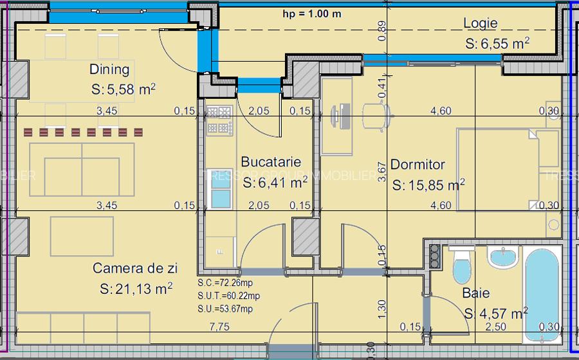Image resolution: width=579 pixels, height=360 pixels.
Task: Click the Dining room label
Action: pyautogui.click(x=109, y=69)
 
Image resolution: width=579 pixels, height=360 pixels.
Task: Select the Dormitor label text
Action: pyautogui.click(x=418, y=165)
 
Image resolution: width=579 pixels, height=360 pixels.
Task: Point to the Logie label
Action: pyautogui.click(x=481, y=24)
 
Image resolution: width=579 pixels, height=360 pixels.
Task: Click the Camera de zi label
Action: pyautogui.click(x=135, y=268)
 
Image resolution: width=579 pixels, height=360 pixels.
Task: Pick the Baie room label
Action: pyautogui.click(x=476, y=294)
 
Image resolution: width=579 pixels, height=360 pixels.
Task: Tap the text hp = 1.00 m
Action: pyautogui.click(x=312, y=14)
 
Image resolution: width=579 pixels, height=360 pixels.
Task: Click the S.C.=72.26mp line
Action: pyautogui.click(x=228, y=283)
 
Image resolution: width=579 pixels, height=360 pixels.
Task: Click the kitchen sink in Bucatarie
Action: pyautogui.click(x=221, y=190)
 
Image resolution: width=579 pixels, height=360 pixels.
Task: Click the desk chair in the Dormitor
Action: pyautogui.click(x=376, y=116)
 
